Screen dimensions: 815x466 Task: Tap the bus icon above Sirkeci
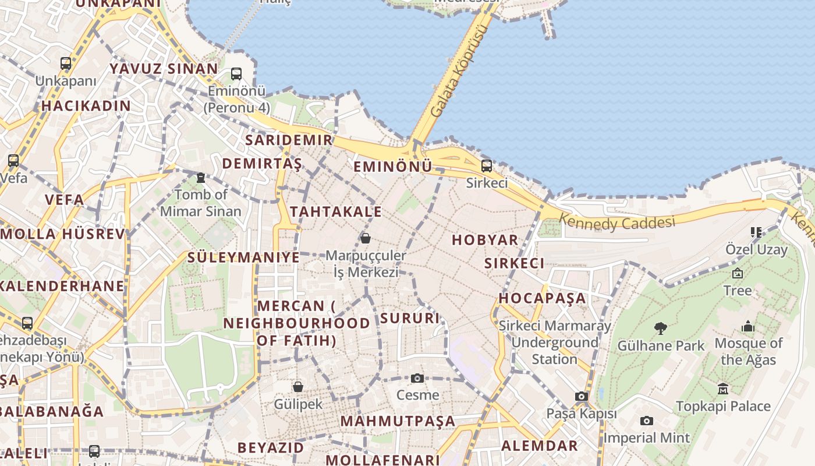487,166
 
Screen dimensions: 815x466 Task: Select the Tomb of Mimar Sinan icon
201,178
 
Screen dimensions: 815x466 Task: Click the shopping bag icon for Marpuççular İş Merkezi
366,238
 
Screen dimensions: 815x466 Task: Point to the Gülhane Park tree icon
660,329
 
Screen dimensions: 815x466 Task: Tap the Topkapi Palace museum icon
723,389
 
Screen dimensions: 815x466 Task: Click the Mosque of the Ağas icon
748,326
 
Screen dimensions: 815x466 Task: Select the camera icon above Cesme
417,378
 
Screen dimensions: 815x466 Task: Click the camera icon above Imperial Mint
646,421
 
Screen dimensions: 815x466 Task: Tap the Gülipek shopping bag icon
298,386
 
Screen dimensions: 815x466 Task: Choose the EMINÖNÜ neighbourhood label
393,167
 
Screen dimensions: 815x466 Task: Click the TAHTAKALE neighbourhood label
336,211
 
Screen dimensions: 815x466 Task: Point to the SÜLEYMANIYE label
243,257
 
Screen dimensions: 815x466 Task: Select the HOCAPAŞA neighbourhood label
542,298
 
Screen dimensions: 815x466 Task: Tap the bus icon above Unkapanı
66,63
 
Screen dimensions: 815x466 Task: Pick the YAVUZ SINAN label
164,69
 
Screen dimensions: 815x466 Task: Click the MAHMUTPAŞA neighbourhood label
398,421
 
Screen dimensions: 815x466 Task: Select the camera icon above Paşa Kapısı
581,397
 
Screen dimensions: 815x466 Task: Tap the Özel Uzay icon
756,232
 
